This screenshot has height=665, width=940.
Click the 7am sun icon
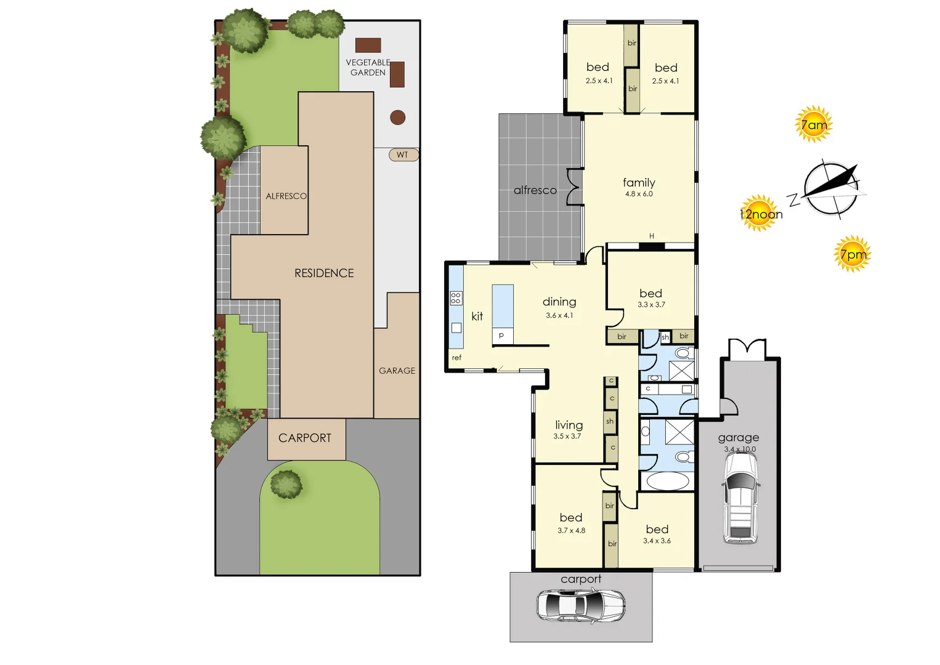tap(813, 124)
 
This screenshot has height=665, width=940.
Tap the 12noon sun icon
tap(760, 214)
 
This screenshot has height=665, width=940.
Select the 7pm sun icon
tap(853, 254)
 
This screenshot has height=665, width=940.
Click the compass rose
tap(831, 189)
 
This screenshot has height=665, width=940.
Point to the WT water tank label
tap(403, 155)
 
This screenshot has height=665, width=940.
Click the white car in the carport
tap(580, 605)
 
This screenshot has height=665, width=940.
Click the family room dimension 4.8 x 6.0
tap(639, 194)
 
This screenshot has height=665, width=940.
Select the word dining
tap(559, 302)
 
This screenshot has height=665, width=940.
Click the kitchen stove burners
tap(456, 299)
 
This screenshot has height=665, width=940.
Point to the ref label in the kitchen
tap(456, 358)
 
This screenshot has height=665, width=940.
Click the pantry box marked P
tap(501, 336)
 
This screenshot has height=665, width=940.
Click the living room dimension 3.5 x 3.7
tap(567, 437)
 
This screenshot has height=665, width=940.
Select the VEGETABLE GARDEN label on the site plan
tap(368, 67)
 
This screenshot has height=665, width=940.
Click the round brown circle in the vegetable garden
tap(398, 117)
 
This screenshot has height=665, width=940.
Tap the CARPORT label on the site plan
tap(305, 438)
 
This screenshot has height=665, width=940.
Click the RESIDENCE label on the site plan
tap(324, 273)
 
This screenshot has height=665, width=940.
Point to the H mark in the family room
tap(652, 236)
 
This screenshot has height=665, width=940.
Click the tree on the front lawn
tap(286, 484)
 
